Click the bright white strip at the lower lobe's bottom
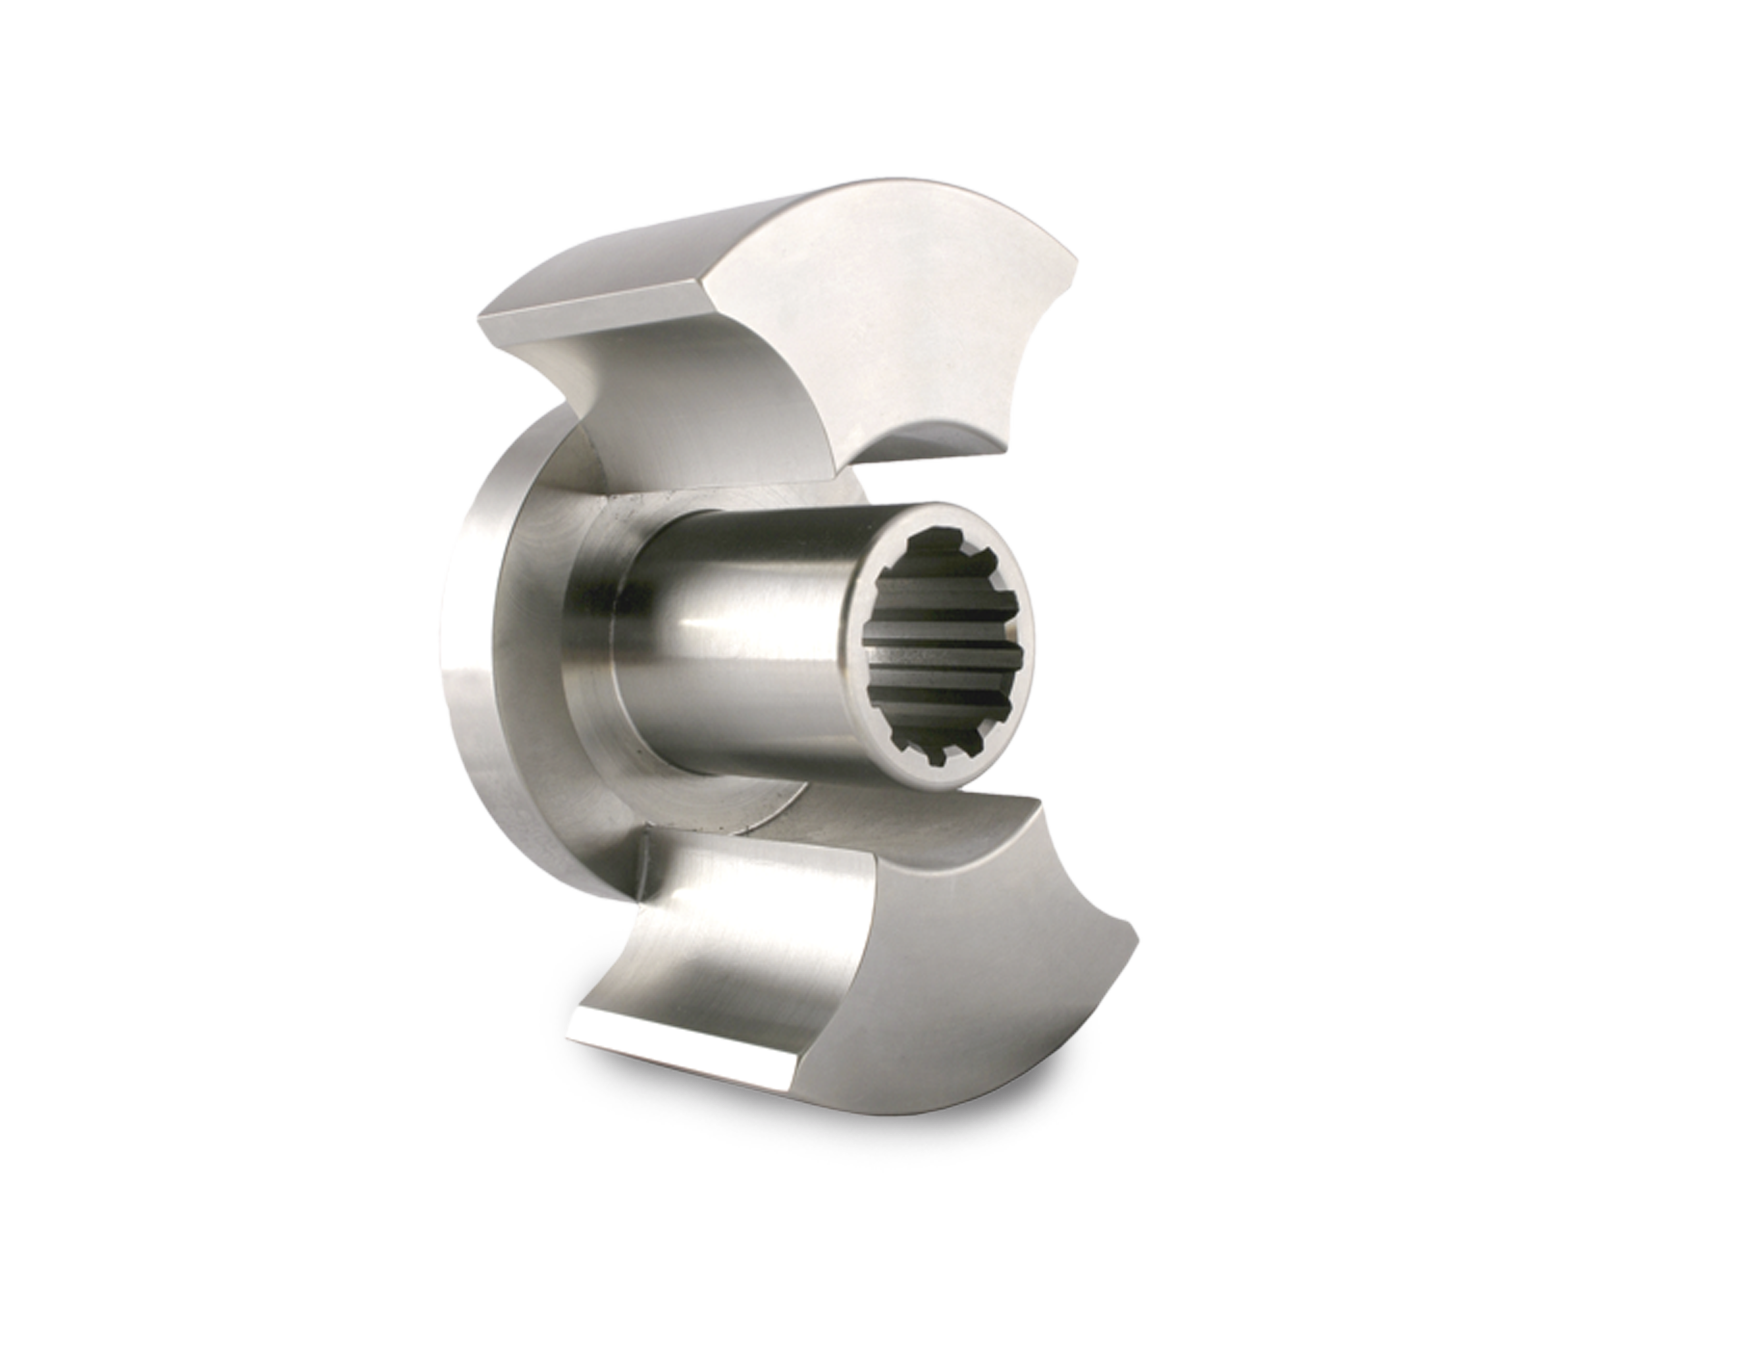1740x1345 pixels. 677,1052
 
